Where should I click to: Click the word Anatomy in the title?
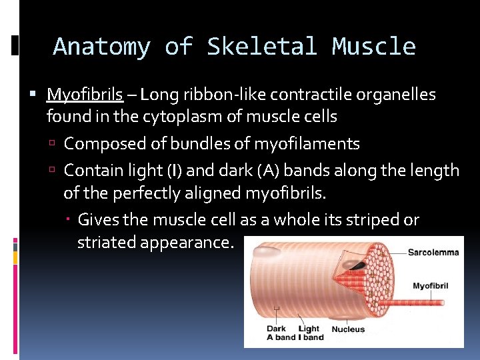pos(101,47)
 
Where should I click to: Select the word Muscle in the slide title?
pos(374,47)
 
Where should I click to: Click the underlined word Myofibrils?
pos(85,95)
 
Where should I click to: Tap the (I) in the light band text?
pos(175,171)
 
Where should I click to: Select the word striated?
pos(109,243)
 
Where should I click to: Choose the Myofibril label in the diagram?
pos(430,286)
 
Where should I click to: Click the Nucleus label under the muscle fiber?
pos(348,329)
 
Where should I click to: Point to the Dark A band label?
pos(280,333)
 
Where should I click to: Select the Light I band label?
pos(310,333)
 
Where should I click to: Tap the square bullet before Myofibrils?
pos(39,95)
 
